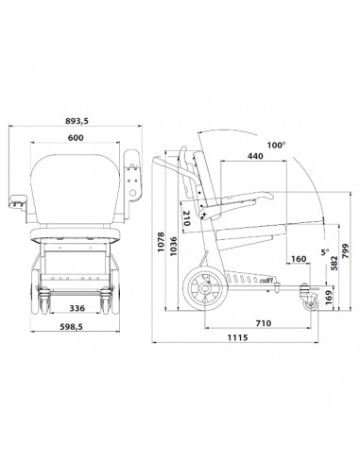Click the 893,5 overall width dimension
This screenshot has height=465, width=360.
click(77, 121)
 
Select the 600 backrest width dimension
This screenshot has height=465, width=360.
click(76, 138)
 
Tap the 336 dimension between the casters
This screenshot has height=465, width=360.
click(77, 308)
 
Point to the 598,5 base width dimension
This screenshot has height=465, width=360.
click(72, 327)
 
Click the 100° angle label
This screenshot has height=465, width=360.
click(276, 146)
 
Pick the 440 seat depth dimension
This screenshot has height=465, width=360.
click(255, 156)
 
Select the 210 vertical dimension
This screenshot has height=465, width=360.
click(186, 218)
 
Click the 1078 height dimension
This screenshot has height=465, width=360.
click(161, 242)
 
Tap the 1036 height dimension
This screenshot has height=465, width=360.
click(174, 247)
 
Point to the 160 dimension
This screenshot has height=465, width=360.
click(299, 259)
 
